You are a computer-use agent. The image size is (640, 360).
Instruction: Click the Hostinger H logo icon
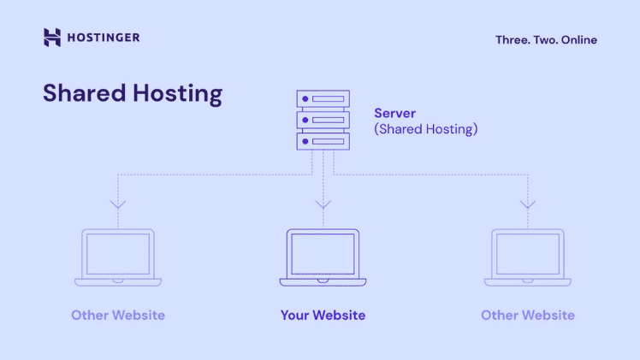[52, 37]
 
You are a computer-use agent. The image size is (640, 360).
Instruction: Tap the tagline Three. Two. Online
[546, 39]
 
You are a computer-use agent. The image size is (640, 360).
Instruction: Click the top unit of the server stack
[323, 98]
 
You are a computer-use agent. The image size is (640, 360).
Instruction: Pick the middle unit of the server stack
[323, 120]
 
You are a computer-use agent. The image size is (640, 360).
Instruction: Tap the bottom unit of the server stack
[323, 141]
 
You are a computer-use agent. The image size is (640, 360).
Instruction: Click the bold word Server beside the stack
[395, 113]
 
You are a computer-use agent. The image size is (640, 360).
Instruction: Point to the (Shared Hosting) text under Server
[426, 129]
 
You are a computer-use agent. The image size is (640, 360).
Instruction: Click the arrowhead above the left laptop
[118, 204]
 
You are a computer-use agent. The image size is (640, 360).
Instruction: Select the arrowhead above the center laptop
[323, 204]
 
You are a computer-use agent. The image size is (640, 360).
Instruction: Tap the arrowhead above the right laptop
[528, 204]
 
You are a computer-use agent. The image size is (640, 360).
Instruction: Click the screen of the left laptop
[118, 253]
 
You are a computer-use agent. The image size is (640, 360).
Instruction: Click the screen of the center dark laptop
[323, 253]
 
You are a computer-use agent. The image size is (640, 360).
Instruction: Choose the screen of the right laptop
[528, 253]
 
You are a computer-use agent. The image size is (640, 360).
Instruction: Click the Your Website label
[323, 316]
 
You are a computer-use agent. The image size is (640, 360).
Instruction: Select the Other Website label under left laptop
[118, 316]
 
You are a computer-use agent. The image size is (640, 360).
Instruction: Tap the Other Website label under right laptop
[528, 316]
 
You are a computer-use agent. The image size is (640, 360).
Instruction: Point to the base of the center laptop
[323, 281]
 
